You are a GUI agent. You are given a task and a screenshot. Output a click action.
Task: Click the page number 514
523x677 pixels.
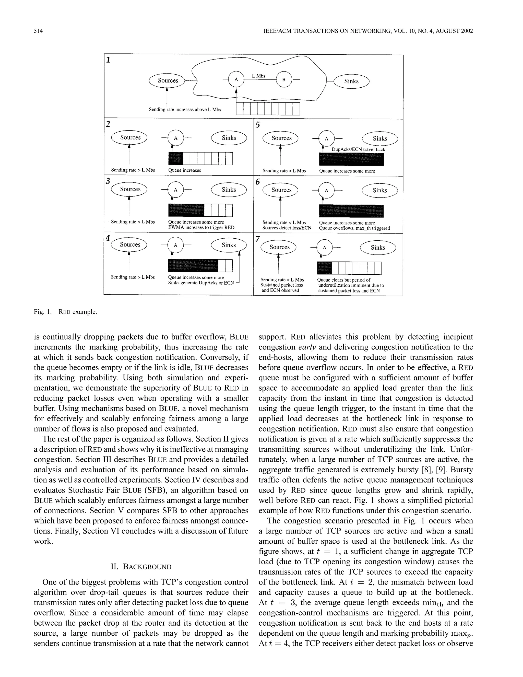[38, 31]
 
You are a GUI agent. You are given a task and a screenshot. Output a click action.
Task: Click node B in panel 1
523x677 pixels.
[283, 80]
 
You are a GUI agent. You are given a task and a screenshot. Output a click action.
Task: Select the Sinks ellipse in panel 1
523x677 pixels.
[351, 81]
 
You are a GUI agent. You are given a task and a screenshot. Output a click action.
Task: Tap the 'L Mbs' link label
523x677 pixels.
[258, 76]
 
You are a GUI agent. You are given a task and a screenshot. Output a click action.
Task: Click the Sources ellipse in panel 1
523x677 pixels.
[168, 80]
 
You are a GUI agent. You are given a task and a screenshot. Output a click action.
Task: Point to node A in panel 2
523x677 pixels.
[176, 138]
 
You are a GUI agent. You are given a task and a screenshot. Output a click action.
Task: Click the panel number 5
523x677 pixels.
[258, 125]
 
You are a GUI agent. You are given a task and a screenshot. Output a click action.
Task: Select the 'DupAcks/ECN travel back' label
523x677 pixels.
[358, 149]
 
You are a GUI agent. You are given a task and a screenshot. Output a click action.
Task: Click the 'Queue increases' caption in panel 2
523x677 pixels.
[185, 170]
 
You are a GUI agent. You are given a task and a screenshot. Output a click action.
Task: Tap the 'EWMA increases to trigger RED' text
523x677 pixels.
[201, 228]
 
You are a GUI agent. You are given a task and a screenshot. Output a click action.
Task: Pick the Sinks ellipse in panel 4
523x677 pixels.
[229, 245]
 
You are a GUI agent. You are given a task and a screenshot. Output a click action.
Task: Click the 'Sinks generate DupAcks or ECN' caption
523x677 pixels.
[201, 283]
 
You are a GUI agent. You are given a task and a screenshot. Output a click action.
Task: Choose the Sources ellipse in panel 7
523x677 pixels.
[279, 247]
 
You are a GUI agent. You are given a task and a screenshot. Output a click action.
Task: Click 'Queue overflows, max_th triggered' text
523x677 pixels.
[354, 228]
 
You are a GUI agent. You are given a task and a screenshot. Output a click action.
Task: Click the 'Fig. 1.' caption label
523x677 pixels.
[42, 312]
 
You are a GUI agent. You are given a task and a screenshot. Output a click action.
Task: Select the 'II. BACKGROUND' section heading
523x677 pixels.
[141, 567]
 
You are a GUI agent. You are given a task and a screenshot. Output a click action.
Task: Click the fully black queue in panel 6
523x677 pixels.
[351, 211]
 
